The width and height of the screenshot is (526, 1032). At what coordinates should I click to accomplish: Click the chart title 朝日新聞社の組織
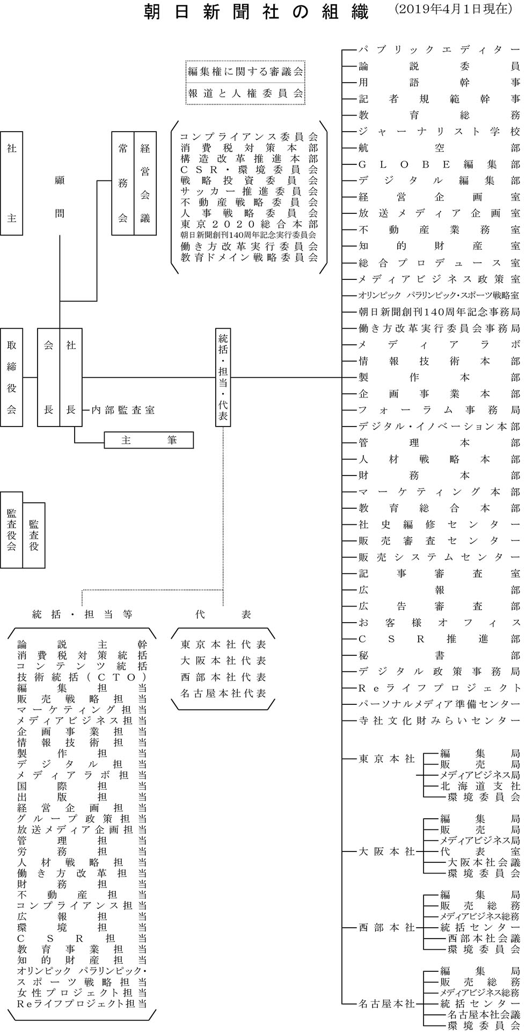257,12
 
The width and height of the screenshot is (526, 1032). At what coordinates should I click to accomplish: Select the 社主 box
11,183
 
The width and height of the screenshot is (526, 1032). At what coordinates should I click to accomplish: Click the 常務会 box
122,183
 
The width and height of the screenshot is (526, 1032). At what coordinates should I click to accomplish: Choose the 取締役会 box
11,377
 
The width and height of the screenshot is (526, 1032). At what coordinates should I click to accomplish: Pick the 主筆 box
149,440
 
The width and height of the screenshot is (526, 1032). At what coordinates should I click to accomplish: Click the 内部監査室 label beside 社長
123,410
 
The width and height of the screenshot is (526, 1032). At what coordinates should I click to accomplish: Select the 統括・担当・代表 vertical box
223,377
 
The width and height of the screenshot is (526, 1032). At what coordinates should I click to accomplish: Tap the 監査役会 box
11,530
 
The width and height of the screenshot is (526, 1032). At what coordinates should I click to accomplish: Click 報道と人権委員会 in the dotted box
246,93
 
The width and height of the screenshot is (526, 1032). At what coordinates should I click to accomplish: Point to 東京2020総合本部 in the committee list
249,224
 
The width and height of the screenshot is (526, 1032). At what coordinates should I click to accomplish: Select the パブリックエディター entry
439,50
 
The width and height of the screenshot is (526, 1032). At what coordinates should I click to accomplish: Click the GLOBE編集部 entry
439,164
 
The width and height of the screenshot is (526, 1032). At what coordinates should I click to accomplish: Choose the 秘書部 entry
439,655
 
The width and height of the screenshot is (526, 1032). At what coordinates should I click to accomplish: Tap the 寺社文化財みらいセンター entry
439,720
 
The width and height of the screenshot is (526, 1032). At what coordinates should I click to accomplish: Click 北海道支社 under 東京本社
480,786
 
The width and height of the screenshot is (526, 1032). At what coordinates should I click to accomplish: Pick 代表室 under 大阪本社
480,851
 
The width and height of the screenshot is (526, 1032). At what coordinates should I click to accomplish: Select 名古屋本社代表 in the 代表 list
223,693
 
